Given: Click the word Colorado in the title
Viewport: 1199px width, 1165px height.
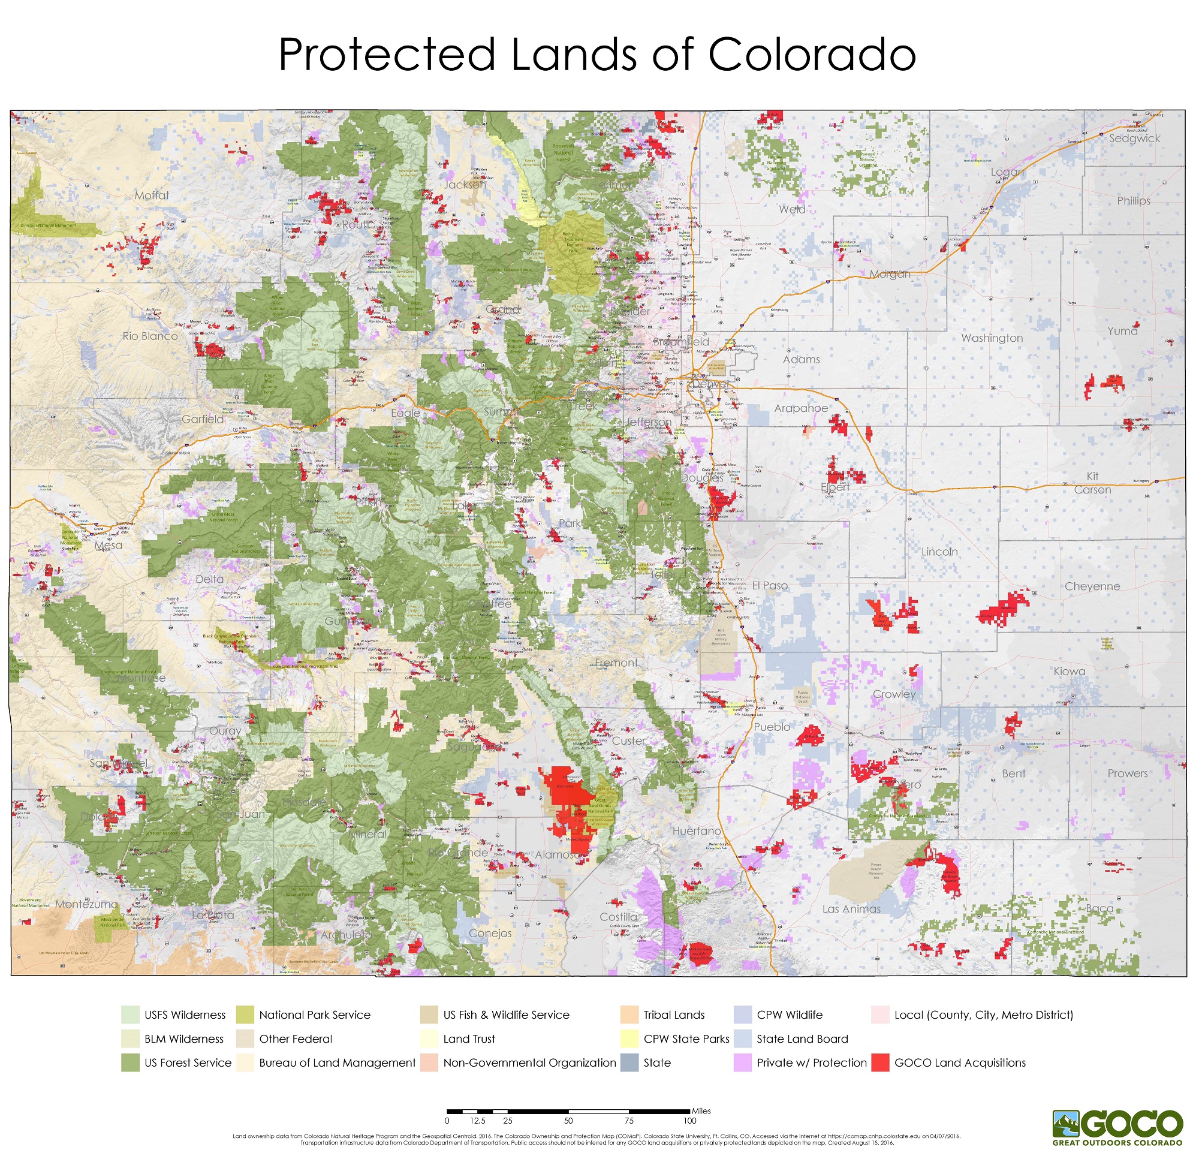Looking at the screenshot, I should (x=811, y=55).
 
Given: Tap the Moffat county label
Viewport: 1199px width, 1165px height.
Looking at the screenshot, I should (x=152, y=195).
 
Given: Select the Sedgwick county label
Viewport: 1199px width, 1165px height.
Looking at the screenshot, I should (x=1134, y=139).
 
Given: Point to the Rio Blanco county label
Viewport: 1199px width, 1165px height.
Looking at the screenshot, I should (x=150, y=336).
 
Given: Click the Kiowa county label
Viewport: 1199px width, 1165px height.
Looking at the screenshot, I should (x=1070, y=672).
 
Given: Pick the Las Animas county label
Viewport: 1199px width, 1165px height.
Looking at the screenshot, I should (x=851, y=909).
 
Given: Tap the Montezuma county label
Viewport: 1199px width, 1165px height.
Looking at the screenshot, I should (x=86, y=904).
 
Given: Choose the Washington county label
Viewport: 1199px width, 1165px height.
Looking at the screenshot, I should (x=992, y=338).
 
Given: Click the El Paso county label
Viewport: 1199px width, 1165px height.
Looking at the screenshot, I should (x=770, y=586).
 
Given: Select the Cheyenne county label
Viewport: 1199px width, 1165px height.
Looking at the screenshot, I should (x=1092, y=586).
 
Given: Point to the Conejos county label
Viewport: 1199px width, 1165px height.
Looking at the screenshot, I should (x=490, y=933).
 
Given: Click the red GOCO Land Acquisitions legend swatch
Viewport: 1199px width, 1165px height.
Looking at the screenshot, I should (x=879, y=1063).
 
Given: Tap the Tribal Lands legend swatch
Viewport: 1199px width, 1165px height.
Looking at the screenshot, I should (x=629, y=1015).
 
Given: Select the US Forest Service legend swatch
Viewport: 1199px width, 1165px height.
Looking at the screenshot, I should (x=130, y=1063).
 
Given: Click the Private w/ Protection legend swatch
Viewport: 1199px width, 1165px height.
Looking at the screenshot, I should (x=742, y=1063).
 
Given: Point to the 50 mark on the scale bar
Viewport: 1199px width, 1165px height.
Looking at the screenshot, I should (x=568, y=1121).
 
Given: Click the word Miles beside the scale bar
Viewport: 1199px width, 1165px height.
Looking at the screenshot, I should (x=701, y=1111).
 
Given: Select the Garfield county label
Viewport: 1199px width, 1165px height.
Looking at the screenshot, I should (x=203, y=419).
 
